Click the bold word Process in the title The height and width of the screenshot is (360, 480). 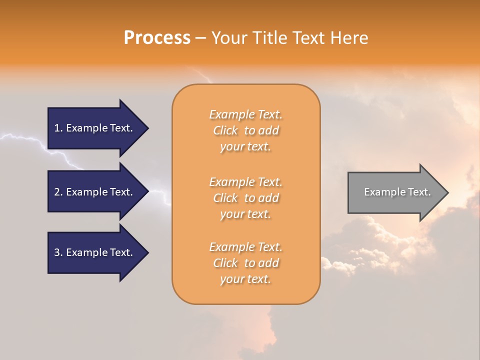coord(157,38)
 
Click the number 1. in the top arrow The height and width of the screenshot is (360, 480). coord(58,128)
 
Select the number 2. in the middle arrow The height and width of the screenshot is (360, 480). coord(58,192)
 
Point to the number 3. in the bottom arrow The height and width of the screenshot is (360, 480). coord(58,252)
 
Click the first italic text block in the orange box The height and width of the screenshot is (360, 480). coord(245,130)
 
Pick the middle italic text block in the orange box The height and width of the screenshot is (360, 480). coord(245,197)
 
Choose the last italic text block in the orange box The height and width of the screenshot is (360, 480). coord(245,263)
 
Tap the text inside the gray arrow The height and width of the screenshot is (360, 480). coord(397,192)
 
